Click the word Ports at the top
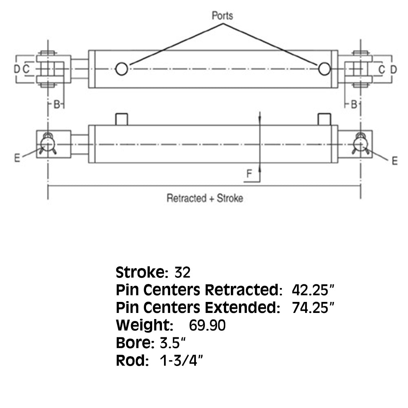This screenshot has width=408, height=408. pyautogui.click(x=222, y=16)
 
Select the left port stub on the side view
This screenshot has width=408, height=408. pyautogui.click(x=122, y=119)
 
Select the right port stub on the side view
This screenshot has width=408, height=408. pyautogui.click(x=324, y=119)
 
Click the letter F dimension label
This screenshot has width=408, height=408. pyautogui.click(x=249, y=173)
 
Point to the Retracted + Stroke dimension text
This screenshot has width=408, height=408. pyautogui.click(x=205, y=198)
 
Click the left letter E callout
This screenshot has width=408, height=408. pyautogui.click(x=17, y=157)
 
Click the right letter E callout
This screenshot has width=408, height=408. pyautogui.click(x=395, y=161)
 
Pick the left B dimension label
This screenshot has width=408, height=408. pyautogui.click(x=57, y=104)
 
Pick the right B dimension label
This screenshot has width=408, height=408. pyautogui.click(x=354, y=104)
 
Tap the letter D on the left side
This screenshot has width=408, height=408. pyautogui.click(x=17, y=69)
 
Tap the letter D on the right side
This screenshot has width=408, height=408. pyautogui.click(x=394, y=69)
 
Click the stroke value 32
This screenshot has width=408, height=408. pyautogui.click(x=182, y=273)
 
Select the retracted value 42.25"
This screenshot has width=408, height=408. pyautogui.click(x=313, y=290)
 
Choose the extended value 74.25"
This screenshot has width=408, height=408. pyautogui.click(x=313, y=308)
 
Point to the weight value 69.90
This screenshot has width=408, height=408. pyautogui.click(x=207, y=325)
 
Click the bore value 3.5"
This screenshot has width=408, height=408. pyautogui.click(x=173, y=343)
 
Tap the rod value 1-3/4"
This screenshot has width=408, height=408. pyautogui.click(x=181, y=360)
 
